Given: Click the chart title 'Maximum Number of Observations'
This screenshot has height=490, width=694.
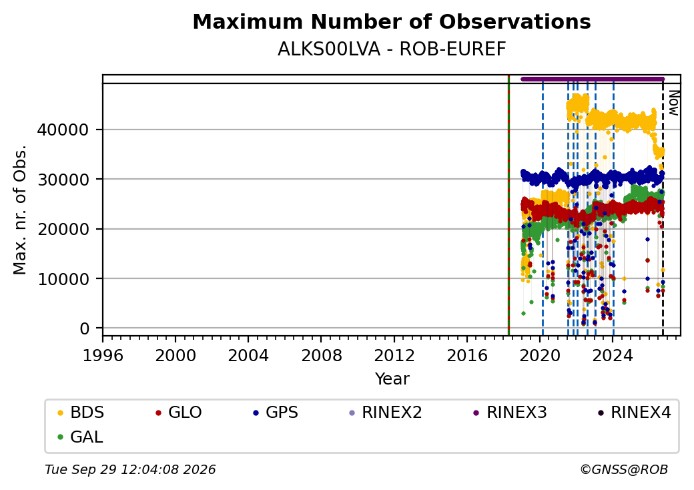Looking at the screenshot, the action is [x=392, y=21].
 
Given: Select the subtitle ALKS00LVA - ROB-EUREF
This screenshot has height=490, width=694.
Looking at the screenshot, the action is [x=392, y=49].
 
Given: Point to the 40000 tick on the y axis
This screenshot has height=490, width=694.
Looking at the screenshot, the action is [x=63, y=130].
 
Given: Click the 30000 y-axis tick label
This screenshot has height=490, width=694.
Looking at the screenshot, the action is [x=63, y=180].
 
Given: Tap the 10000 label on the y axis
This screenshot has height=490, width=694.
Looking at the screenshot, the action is [x=63, y=279].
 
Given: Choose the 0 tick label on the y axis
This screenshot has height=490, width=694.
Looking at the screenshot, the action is [x=85, y=328].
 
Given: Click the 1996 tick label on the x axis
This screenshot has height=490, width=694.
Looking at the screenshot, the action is [x=103, y=355].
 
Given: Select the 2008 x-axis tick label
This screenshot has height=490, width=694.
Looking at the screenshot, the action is [x=322, y=355].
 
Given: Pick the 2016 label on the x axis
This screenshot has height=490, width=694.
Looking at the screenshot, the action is [x=467, y=355].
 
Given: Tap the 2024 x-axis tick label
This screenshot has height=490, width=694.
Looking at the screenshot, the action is [x=613, y=355].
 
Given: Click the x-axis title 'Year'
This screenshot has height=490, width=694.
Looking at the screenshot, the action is [x=392, y=379].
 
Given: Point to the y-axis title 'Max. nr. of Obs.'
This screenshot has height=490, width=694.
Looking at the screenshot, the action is [x=20, y=210].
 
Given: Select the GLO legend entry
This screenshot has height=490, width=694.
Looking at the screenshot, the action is [x=179, y=413].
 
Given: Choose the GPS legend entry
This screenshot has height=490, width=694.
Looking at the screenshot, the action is [x=276, y=413].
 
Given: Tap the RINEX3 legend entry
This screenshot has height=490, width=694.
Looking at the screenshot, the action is [x=510, y=413].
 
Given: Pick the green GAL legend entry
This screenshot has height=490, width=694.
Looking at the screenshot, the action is [x=81, y=437].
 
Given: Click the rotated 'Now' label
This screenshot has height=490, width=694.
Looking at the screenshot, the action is [x=673, y=103].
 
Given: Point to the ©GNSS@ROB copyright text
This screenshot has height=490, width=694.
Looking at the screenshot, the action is [x=624, y=469].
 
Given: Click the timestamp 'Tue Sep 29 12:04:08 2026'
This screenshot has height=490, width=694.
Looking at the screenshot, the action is [x=131, y=469].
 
